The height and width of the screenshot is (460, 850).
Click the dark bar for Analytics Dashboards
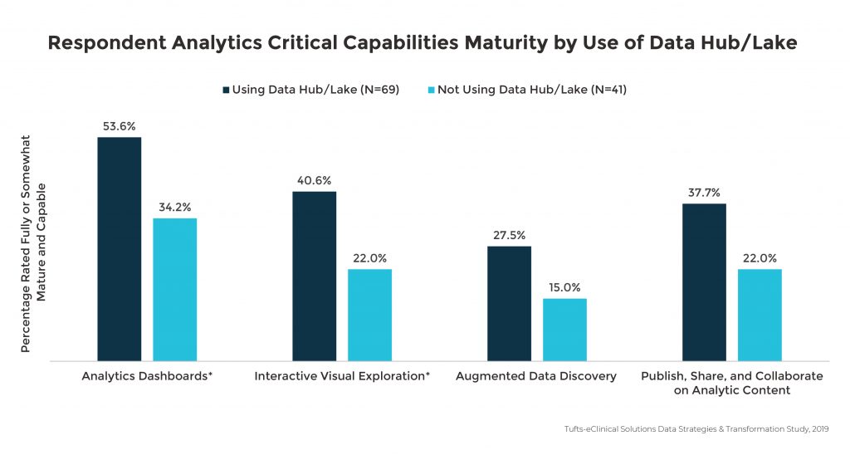pos(120,249)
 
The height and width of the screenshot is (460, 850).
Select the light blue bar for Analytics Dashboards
pos(174,290)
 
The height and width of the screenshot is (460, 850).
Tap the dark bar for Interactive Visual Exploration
pos(315,276)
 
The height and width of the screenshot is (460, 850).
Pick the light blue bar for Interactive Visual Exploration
pos(369,316)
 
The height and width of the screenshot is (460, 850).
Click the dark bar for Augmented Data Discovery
pos(509,304)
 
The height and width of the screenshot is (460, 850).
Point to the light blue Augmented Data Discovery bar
pos(564,330)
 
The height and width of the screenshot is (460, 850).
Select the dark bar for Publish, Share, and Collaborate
pos(704,282)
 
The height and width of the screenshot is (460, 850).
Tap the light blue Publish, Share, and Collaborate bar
pos(760,316)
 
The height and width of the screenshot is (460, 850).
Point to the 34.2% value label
pos(175,206)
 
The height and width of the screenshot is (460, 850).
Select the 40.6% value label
pos(315,179)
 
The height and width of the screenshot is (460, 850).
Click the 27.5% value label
pos(509,234)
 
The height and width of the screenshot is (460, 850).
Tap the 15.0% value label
pos(564,286)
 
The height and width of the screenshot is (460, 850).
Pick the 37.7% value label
pos(704,192)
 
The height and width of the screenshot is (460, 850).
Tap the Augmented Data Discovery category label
pos(536,376)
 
